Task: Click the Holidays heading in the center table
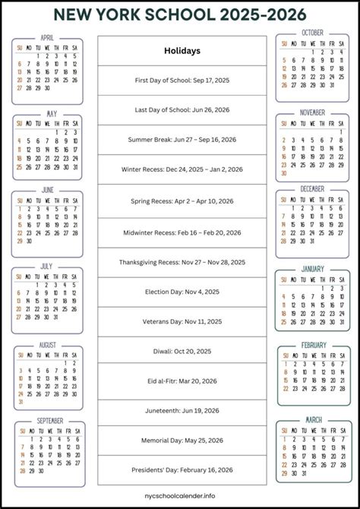(x=182, y=51)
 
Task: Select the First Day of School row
(x=182, y=80)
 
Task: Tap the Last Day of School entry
(x=182, y=109)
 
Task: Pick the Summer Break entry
(x=182, y=139)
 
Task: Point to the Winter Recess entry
(x=182, y=169)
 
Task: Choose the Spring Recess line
(x=182, y=203)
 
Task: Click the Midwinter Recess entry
(x=182, y=232)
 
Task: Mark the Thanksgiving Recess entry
(x=182, y=262)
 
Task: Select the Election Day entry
(x=182, y=292)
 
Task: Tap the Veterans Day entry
(x=182, y=321)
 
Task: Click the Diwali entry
(x=182, y=351)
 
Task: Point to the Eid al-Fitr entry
(x=182, y=381)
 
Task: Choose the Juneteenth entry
(x=182, y=410)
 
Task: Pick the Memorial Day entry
(x=182, y=440)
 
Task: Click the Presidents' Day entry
(x=182, y=469)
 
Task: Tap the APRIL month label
(x=48, y=36)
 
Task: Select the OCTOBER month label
(x=312, y=33)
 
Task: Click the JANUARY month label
(x=312, y=268)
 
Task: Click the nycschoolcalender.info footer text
(x=182, y=498)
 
